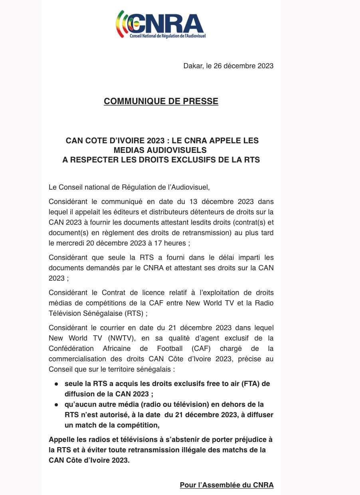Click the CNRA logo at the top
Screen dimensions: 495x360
pyautogui.click(x=160, y=25)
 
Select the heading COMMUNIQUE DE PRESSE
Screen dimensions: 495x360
pyautogui.click(x=161, y=101)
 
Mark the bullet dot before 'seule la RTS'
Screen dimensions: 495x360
pyautogui.click(x=56, y=384)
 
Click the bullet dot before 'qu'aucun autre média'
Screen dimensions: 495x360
pyautogui.click(x=56, y=405)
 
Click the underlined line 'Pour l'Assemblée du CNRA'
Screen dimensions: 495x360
pyautogui.click(x=227, y=485)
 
